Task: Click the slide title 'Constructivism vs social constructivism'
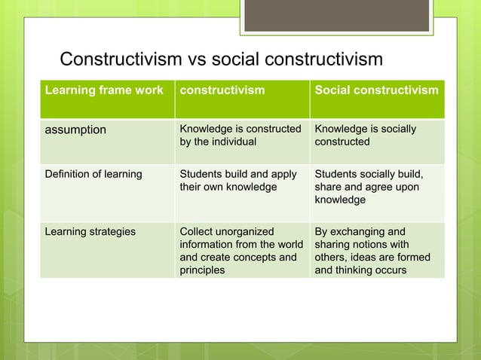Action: pyautogui.click(x=221, y=59)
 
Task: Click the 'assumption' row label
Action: pyautogui.click(x=74, y=130)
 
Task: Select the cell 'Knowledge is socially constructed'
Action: pyautogui.click(x=366, y=135)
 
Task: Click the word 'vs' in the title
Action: pyautogui.click(x=195, y=59)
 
